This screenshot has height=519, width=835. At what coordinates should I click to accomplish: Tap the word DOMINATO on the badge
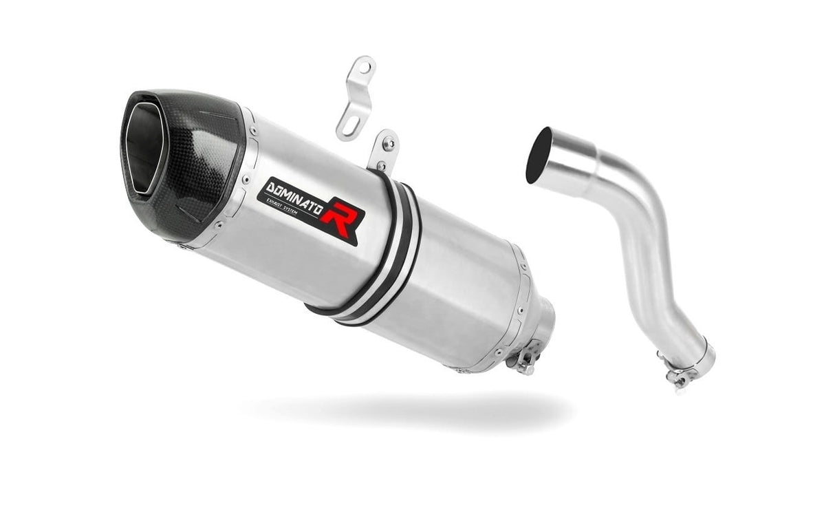click(x=294, y=197)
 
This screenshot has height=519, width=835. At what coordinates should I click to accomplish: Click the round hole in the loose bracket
click(x=365, y=67)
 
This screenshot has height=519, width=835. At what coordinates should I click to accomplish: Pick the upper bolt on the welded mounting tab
click(x=389, y=145)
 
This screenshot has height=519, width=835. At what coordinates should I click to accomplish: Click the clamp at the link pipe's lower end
click(x=681, y=372)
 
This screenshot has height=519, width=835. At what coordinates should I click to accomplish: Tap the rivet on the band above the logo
click(x=254, y=131)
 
